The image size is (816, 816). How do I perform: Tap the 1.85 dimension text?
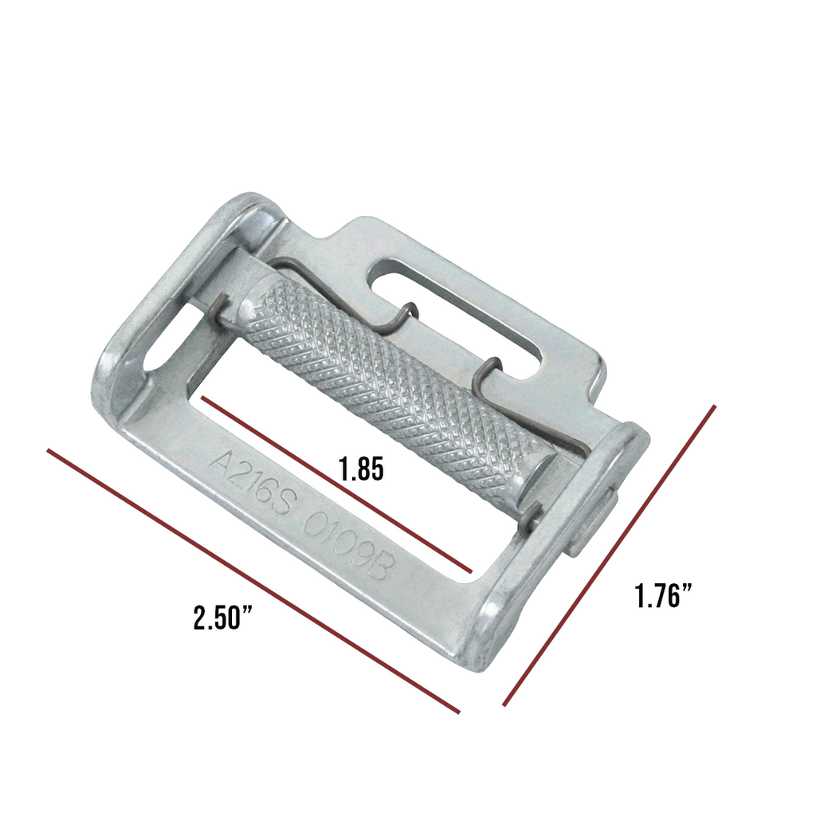(x=360, y=469)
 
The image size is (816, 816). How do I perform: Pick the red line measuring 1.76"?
(x=610, y=555)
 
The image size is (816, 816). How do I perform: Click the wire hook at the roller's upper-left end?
(x=222, y=308)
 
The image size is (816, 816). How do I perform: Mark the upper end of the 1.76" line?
(x=715, y=406)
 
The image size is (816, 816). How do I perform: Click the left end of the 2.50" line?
(x=49, y=450)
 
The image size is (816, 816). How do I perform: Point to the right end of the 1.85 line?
(x=471, y=571)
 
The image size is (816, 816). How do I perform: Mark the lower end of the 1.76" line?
(x=504, y=705)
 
